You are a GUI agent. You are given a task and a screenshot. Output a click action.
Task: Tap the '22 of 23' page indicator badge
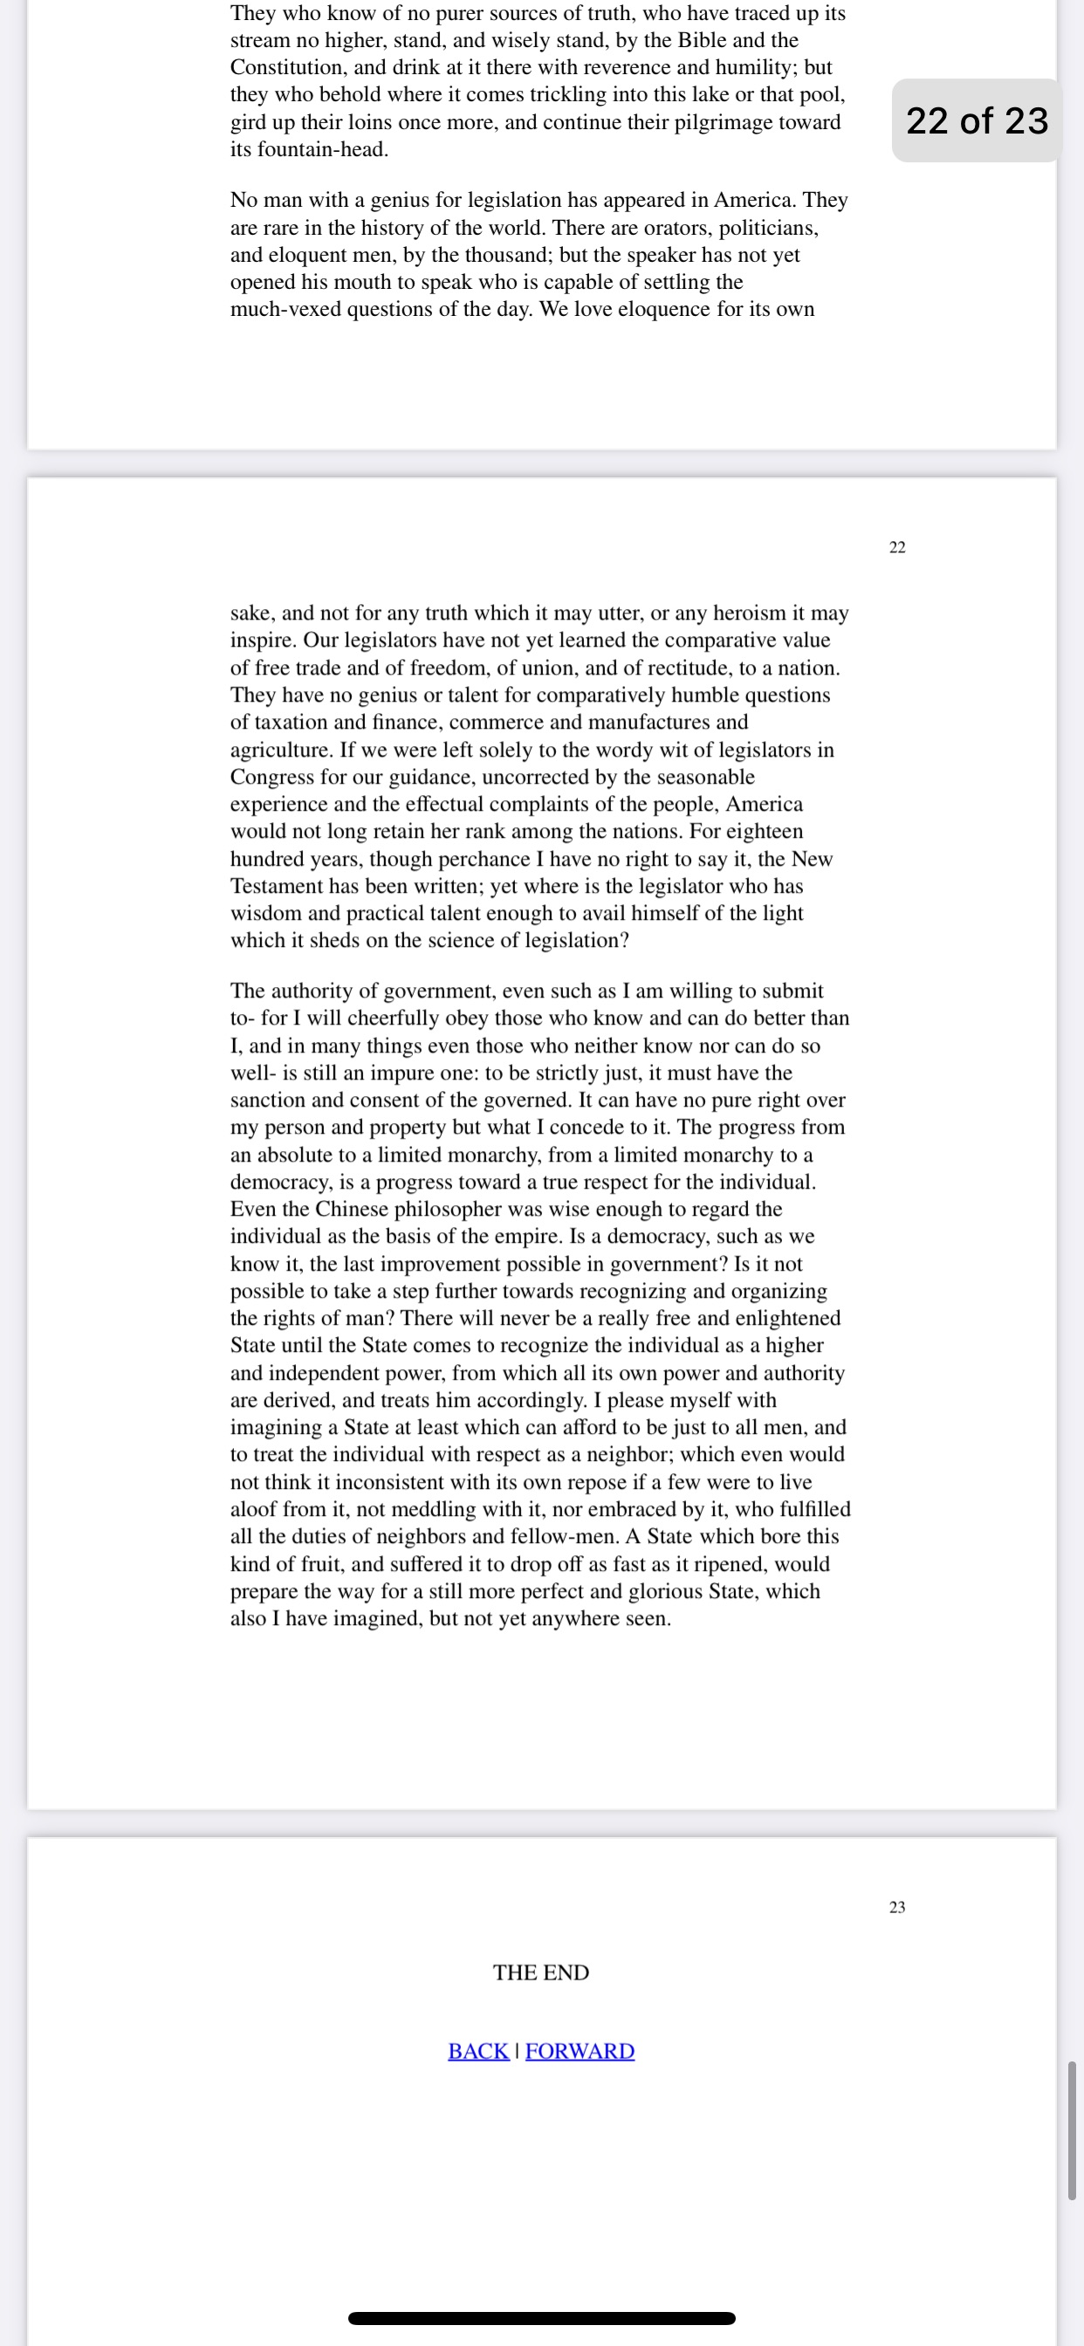pyautogui.click(x=977, y=120)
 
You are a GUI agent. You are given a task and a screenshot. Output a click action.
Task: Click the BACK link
pyautogui.click(x=478, y=2051)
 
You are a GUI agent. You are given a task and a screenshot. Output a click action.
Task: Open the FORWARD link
pyautogui.click(x=580, y=2051)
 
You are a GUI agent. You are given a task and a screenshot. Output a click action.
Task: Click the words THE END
pyautogui.click(x=541, y=1972)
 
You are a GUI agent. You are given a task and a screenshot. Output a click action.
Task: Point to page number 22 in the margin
pyautogui.click(x=897, y=547)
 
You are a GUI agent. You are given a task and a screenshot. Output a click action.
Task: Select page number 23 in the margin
pyautogui.click(x=897, y=1907)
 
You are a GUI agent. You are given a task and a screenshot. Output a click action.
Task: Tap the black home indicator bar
pyautogui.click(x=541, y=2318)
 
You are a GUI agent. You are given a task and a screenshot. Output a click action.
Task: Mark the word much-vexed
pyautogui.click(x=285, y=310)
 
